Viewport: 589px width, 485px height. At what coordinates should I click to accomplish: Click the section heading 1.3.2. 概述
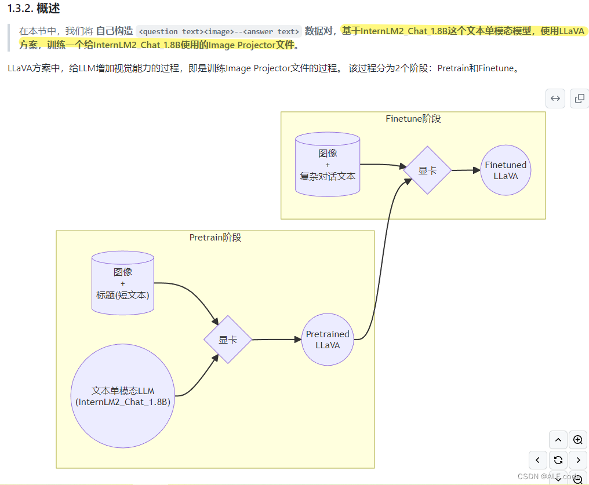click(34, 9)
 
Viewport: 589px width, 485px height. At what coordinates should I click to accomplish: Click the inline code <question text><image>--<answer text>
click(220, 31)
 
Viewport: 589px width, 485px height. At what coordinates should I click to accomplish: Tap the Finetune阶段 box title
click(413, 119)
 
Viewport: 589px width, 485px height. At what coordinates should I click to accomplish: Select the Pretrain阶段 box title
click(215, 238)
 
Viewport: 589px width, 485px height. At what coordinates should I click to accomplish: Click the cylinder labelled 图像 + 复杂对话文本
click(328, 165)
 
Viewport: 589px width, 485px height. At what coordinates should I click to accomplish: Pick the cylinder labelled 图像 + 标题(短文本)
click(123, 284)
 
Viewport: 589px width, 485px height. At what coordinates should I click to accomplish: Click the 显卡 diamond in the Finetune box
click(427, 170)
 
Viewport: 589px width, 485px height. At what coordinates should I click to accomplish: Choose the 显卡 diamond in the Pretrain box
click(227, 340)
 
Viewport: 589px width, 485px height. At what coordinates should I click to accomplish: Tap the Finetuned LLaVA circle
click(506, 170)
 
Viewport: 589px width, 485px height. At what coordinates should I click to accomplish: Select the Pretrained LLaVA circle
click(328, 340)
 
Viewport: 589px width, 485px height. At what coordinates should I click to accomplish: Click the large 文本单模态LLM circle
click(123, 396)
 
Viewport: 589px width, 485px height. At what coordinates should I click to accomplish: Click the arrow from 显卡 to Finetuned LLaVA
click(466, 170)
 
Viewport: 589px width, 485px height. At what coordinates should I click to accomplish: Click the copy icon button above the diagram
click(579, 99)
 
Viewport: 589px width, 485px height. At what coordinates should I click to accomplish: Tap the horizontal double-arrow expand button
click(555, 99)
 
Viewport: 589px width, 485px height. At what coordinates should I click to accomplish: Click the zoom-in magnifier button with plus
click(577, 440)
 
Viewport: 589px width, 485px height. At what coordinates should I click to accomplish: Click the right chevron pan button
click(577, 460)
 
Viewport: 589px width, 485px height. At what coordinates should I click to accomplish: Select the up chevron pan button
click(558, 440)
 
